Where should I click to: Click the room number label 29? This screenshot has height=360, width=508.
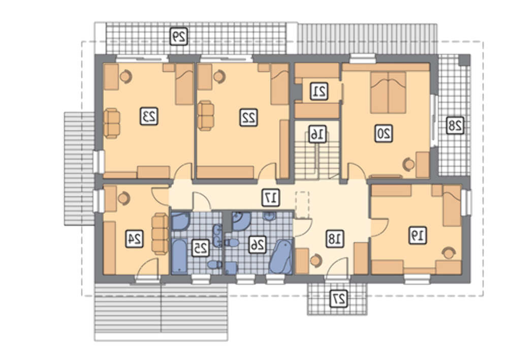(179, 36)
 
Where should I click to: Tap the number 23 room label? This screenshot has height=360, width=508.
(149, 116)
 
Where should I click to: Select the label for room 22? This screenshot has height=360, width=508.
(248, 117)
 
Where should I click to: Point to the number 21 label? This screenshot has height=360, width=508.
(319, 91)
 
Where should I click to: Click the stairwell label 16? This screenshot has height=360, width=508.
(317, 134)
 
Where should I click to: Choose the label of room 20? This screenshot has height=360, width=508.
(384, 133)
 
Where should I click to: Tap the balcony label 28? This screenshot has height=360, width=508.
(455, 125)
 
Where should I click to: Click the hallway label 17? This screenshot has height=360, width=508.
(271, 197)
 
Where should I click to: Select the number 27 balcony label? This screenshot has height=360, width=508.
(339, 298)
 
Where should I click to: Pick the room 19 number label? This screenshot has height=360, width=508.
(418, 235)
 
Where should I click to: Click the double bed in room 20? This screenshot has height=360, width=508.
(388, 93)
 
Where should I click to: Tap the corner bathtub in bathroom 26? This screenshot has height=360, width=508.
(281, 257)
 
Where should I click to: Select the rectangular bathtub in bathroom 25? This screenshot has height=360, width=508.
(179, 256)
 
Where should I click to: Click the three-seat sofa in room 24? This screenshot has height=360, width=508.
(160, 233)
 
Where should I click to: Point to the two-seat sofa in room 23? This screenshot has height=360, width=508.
(112, 123)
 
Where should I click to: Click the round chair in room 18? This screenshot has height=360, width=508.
(316, 260)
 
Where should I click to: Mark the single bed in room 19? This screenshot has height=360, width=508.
(452, 205)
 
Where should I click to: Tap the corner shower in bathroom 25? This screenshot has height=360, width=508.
(180, 221)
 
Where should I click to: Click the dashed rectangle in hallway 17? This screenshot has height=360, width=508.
(302, 204)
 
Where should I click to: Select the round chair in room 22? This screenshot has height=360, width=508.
(219, 76)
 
